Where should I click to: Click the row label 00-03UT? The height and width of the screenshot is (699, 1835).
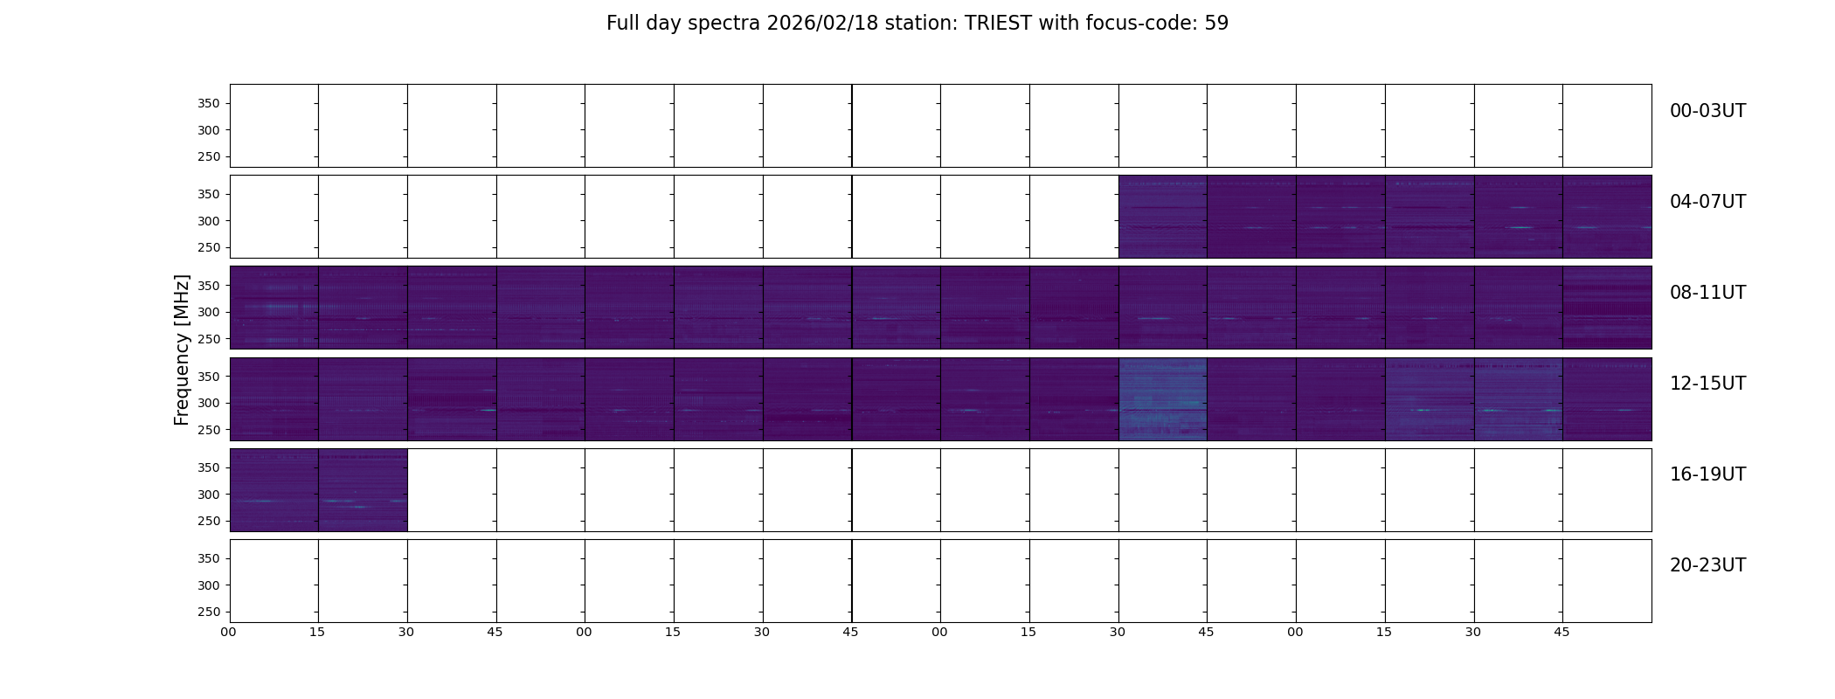(x=1707, y=111)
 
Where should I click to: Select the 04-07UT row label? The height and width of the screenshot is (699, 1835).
(x=1707, y=202)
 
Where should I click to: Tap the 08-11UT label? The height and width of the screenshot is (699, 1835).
(x=1707, y=293)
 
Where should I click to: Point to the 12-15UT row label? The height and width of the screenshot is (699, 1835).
(x=1707, y=384)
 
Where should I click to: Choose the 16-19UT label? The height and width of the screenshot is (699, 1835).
(x=1707, y=474)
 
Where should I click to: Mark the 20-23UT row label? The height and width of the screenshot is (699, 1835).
(x=1707, y=565)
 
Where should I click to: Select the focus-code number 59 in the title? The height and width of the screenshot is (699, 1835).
(x=1216, y=24)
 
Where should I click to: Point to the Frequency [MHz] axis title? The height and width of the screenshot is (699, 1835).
(x=182, y=349)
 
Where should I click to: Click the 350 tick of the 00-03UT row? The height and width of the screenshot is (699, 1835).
(x=208, y=103)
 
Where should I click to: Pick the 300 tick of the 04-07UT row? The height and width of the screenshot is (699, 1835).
(x=208, y=221)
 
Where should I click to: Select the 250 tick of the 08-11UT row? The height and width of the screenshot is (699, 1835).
(x=208, y=339)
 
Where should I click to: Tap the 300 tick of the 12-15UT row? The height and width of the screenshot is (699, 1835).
(x=208, y=403)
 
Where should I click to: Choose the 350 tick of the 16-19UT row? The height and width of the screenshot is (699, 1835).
(x=208, y=467)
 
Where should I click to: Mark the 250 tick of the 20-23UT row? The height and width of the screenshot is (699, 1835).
(x=208, y=612)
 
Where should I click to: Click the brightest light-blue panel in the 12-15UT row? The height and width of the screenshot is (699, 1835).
(x=1163, y=398)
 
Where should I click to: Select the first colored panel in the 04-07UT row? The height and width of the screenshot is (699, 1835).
(x=1163, y=217)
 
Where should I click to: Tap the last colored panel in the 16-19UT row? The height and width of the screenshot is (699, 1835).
(x=363, y=490)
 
